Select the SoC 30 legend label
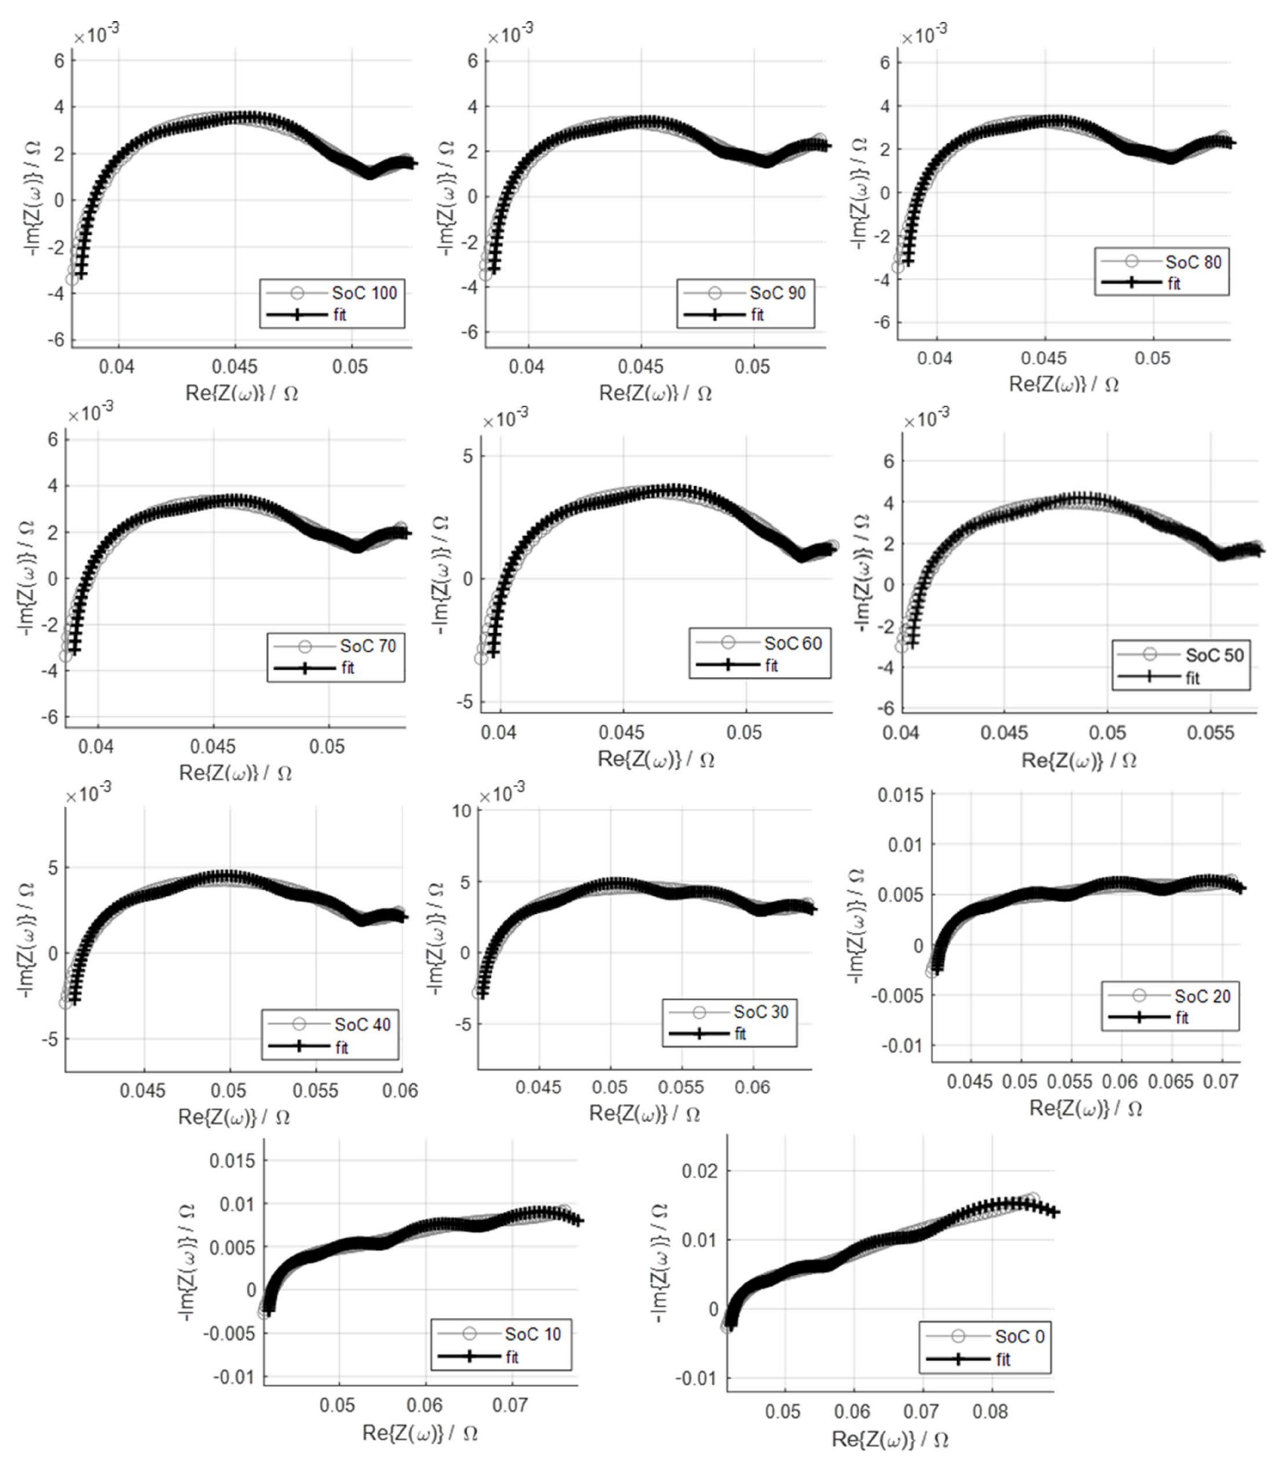click(761, 1012)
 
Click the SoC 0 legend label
click(1019, 1336)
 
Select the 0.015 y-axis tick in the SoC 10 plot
click(232, 1160)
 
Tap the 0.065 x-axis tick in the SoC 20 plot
click(1171, 1081)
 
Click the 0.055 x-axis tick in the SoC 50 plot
click(1211, 733)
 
